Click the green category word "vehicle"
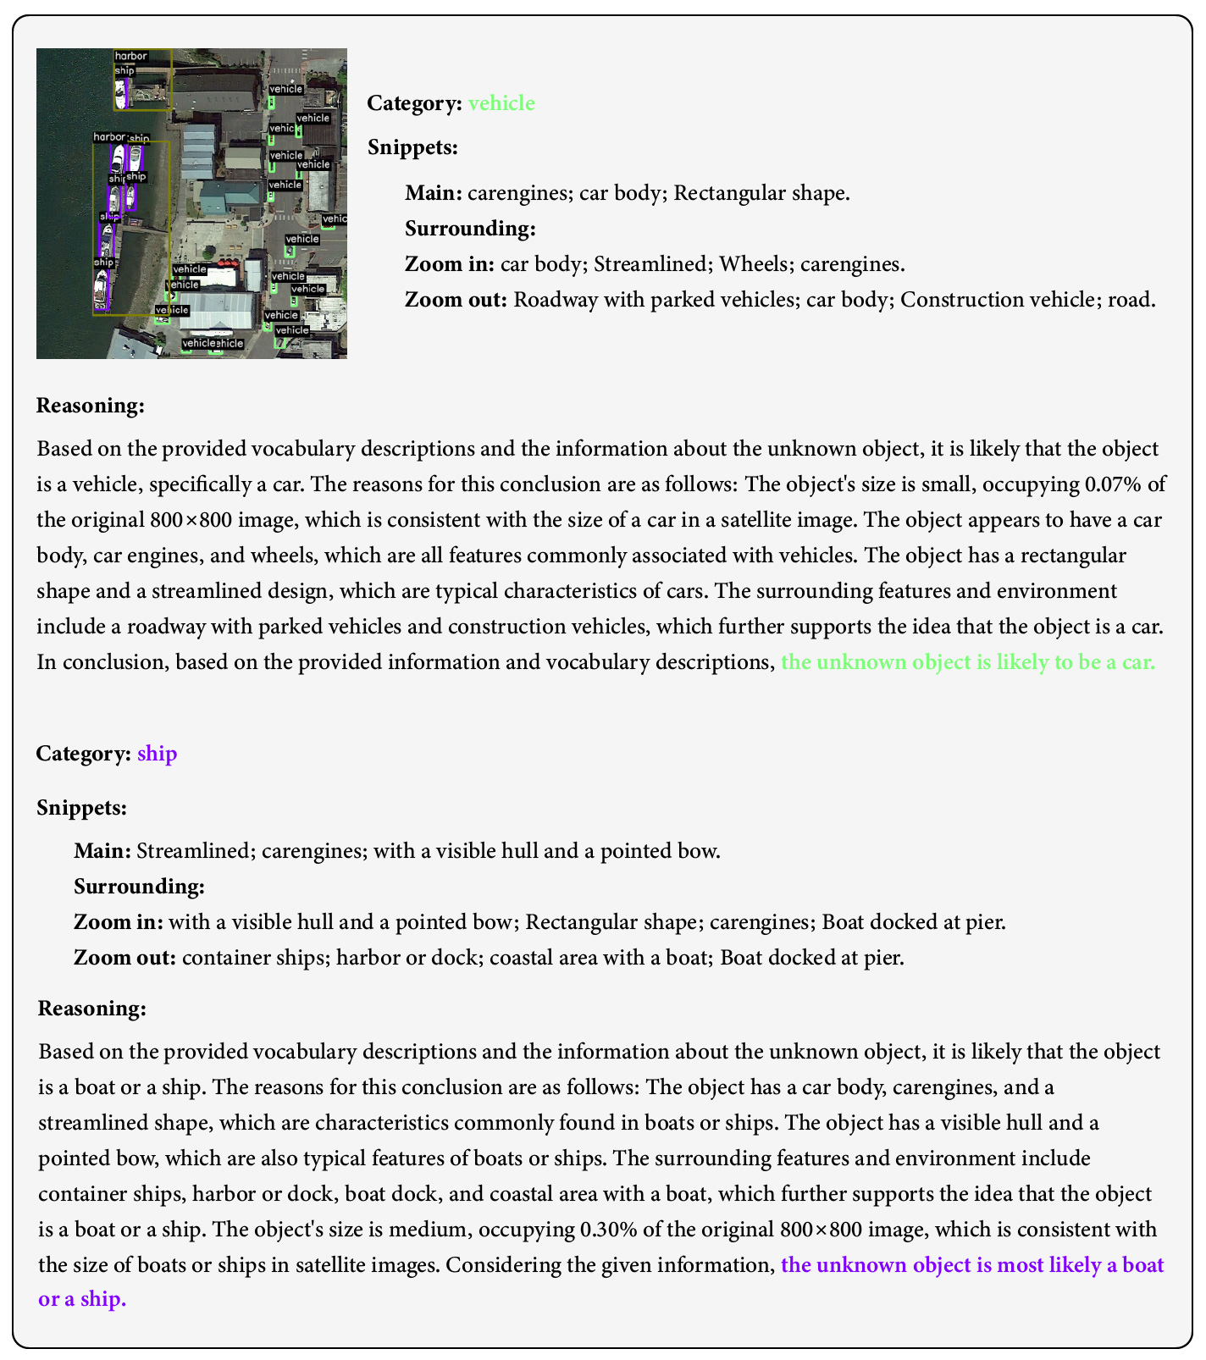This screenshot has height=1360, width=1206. coord(501,103)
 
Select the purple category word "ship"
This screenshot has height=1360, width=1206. coord(157,753)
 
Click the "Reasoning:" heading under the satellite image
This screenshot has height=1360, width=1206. coord(91,405)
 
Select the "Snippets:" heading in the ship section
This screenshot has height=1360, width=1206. coord(81,808)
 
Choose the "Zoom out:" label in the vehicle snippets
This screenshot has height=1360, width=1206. coord(456,300)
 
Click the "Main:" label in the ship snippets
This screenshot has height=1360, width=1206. coord(102,850)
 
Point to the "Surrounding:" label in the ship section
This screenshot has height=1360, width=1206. coord(139,886)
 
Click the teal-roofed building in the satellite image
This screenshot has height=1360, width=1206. coord(231,196)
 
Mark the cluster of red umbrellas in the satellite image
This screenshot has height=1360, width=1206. coord(226,263)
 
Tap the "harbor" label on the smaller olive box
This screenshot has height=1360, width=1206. coord(130,57)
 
